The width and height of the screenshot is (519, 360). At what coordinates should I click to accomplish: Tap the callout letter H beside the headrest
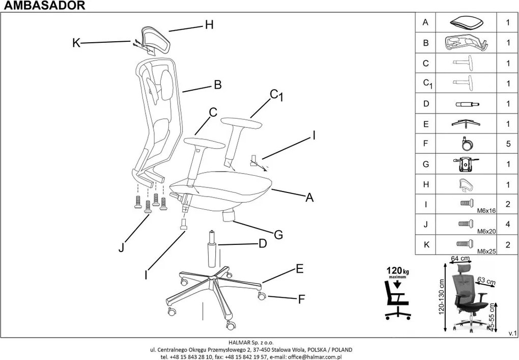(209, 24)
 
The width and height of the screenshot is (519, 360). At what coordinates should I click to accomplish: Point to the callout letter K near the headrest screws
(76, 43)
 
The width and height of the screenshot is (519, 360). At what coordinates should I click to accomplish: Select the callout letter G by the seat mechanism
(278, 235)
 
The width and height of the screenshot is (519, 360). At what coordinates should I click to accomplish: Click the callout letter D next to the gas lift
(263, 244)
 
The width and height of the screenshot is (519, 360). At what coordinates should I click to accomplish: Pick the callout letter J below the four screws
(121, 248)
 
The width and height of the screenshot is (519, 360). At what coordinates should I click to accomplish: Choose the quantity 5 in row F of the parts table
(507, 144)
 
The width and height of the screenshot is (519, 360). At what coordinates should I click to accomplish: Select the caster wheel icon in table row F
(466, 144)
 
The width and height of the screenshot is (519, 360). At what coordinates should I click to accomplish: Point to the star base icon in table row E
(466, 124)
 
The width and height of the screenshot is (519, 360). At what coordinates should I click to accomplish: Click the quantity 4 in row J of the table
(507, 225)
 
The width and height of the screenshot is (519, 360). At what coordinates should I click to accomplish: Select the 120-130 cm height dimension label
(443, 296)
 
